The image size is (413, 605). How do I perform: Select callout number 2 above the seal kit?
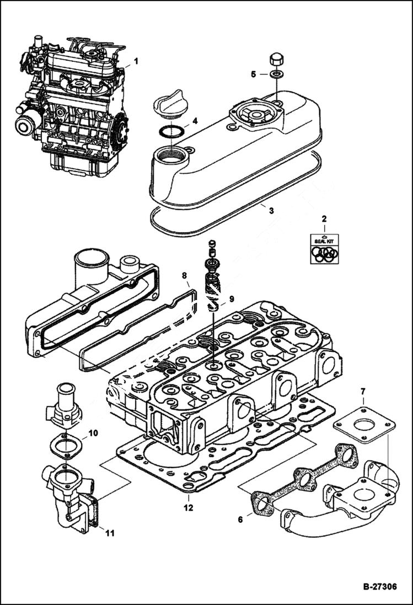point(324,219)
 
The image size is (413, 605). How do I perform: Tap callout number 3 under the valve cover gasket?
point(270,210)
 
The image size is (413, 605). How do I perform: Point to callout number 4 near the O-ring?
point(195,121)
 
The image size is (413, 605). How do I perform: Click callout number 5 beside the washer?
point(254,73)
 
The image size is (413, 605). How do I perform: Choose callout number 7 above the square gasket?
point(363,392)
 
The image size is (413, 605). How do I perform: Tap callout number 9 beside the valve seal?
point(231,299)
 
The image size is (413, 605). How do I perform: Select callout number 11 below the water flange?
point(110,533)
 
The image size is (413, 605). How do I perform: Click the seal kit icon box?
point(324,249)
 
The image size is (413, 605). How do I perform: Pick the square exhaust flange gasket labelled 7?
point(364,425)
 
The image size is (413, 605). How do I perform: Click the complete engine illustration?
point(72,102)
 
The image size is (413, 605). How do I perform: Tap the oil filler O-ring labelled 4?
point(171,132)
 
